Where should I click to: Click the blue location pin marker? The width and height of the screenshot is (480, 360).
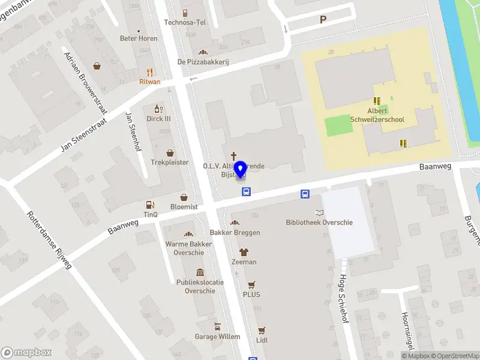tap(241, 169)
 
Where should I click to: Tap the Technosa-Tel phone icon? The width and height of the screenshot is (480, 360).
tap(185, 13)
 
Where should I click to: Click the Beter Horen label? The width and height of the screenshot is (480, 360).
tap(139, 38)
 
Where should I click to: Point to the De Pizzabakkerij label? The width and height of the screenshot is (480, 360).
tap(203, 62)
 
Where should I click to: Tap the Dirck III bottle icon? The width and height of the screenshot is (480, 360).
tap(159, 109)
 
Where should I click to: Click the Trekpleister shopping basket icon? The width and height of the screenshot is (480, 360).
tap(170, 153)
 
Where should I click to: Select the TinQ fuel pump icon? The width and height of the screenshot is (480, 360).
tap(150, 205)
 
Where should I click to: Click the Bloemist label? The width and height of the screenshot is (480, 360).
tap(184, 206)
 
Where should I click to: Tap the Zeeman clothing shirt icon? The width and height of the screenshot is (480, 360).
tap(244, 252)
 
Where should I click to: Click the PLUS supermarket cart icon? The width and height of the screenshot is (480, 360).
tap(251, 285)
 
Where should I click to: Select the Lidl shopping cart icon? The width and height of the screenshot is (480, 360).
tap(262, 330)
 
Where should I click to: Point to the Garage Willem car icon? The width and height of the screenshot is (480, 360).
tap(217, 327)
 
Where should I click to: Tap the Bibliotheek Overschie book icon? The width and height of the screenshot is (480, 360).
tap(319, 212)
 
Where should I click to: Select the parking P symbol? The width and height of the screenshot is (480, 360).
tap(323, 20)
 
